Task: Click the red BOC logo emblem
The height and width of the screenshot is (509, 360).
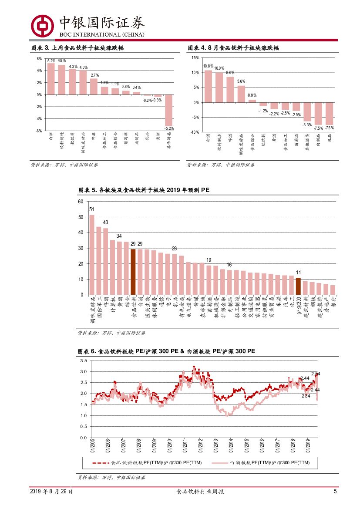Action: click(42, 26)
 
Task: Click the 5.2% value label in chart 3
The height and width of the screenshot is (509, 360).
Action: click(51, 61)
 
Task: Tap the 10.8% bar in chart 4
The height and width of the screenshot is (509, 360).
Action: click(208, 86)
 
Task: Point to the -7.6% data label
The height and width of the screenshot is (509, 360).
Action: click(330, 128)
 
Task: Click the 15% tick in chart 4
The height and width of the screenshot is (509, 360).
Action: click(195, 57)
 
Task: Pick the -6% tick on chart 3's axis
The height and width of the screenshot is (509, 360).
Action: click(39, 131)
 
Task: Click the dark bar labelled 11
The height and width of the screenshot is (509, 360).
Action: click(298, 286)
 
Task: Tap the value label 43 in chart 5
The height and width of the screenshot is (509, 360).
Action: click(105, 222)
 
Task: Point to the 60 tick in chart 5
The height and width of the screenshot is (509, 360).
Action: click(80, 202)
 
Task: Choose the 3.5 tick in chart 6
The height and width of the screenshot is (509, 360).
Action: click(84, 361)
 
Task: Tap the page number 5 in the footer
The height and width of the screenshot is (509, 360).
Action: click(335, 492)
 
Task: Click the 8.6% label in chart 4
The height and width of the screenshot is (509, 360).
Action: click(230, 72)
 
